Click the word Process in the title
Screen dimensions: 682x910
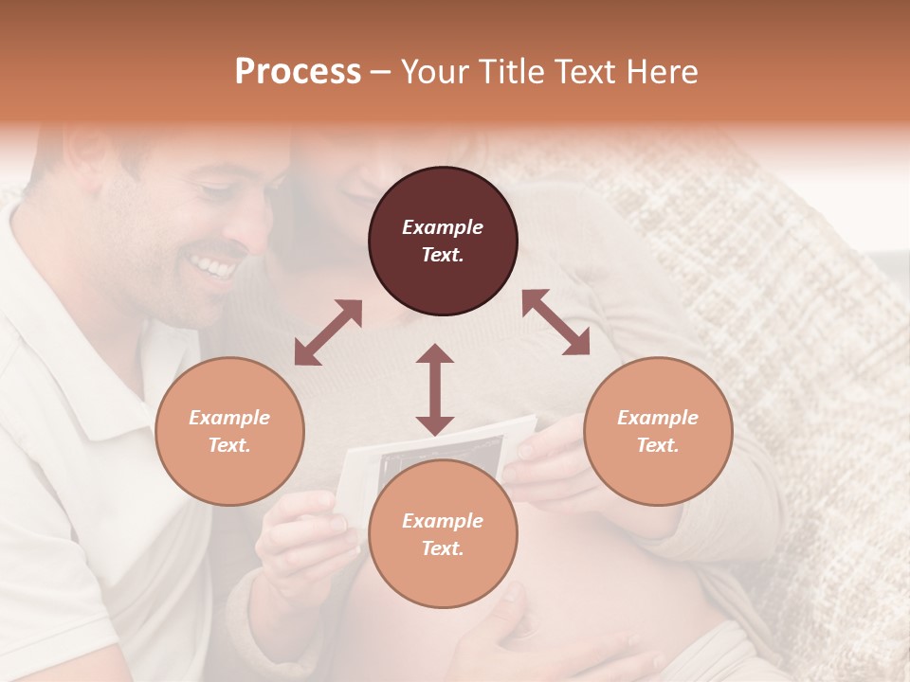[298, 72]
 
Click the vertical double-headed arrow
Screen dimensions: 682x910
[435, 389]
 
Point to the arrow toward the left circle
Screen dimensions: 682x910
[328, 332]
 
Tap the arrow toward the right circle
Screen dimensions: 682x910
[555, 322]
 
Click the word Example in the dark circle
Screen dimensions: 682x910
[443, 227]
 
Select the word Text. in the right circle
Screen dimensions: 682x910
[657, 445]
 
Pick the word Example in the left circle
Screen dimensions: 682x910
[229, 418]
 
